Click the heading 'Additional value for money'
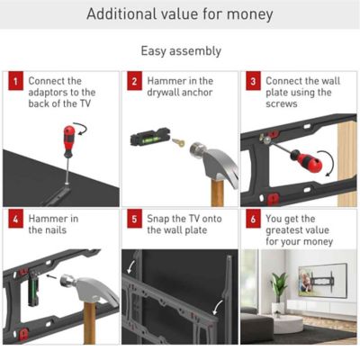tap(180, 15)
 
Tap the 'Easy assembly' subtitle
tap(180, 51)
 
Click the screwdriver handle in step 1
tap(67, 139)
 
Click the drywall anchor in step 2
tap(178, 145)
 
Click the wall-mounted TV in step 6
tap(321, 281)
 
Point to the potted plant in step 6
tap(278, 288)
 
